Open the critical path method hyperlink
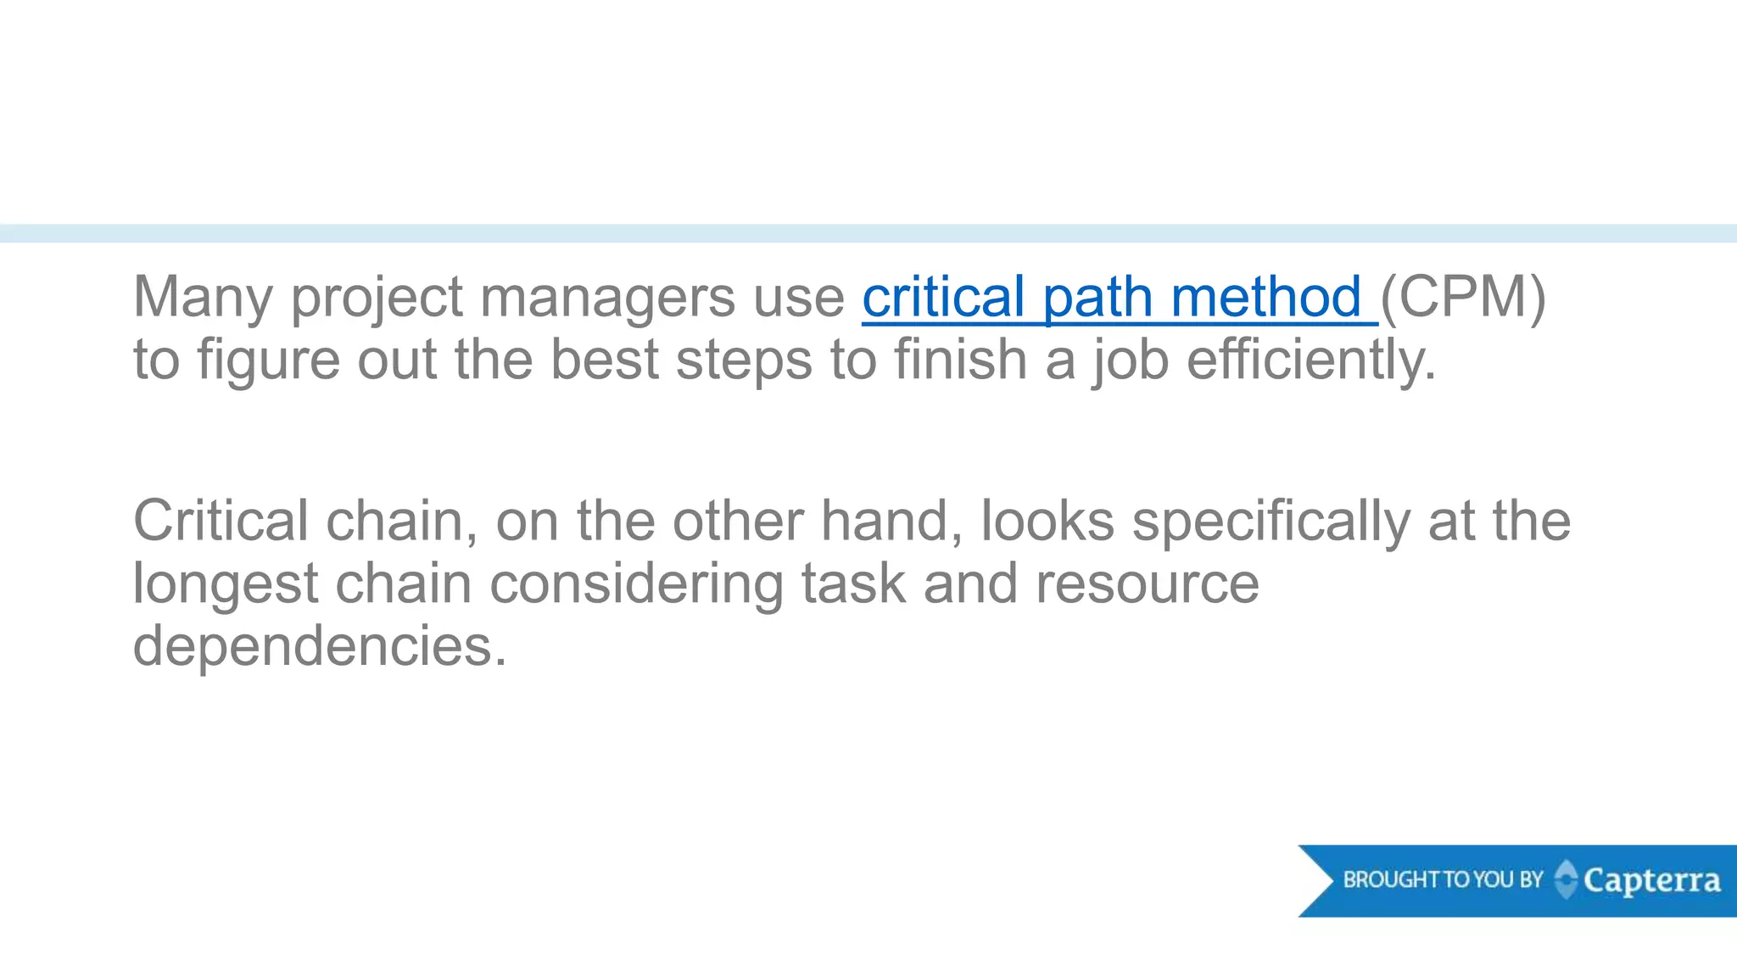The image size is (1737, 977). [1111, 299]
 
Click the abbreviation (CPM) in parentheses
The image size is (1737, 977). [1463, 299]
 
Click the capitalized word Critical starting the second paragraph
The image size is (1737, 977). [221, 521]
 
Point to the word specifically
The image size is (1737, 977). [1271, 522]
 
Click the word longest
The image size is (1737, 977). [226, 585]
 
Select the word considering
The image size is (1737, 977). [636, 585]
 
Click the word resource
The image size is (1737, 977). [1148, 585]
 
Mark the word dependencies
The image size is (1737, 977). [320, 647]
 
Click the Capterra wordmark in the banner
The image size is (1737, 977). [1651, 881]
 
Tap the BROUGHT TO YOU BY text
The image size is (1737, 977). [1443, 879]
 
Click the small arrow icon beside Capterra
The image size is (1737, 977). [1566, 879]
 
